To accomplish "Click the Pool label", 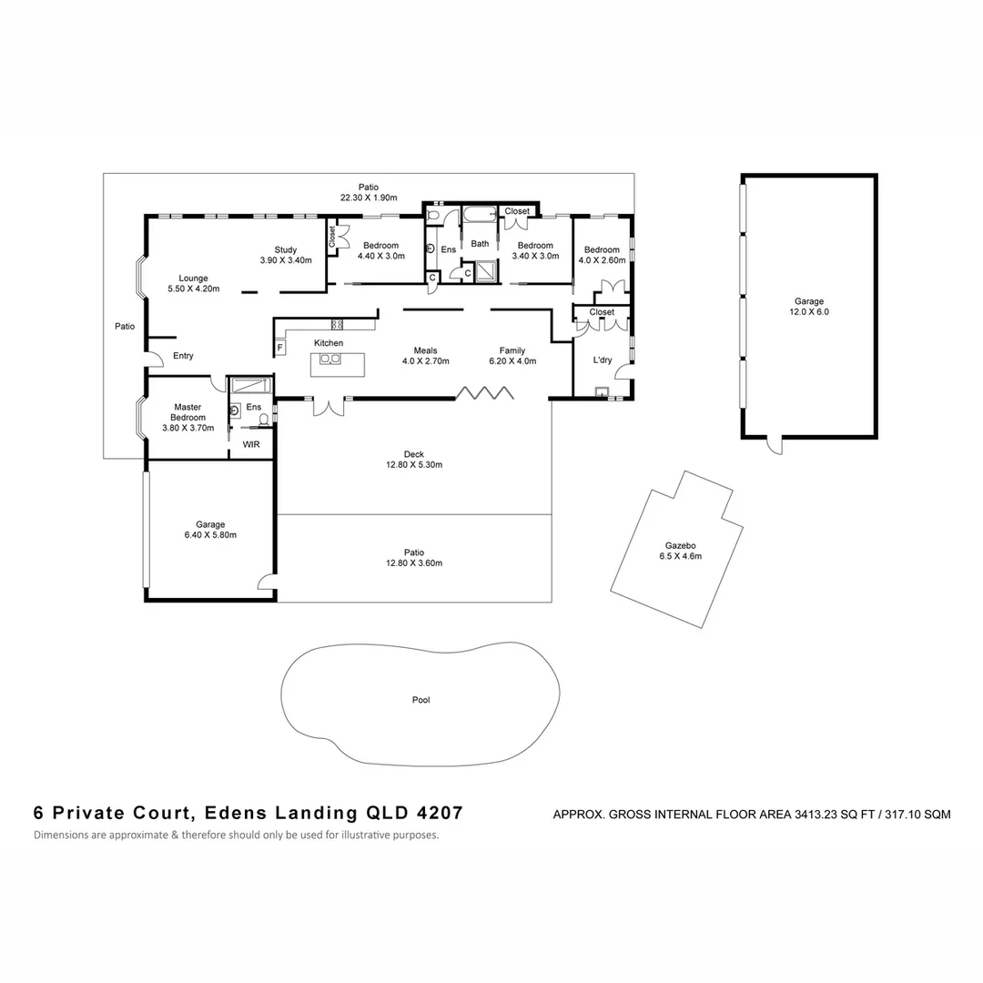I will click(420, 700).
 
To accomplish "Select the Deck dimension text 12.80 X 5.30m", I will click(414, 465).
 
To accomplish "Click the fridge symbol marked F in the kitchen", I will click(279, 348).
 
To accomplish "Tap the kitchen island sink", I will click(329, 359).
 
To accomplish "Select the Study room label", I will click(285, 249).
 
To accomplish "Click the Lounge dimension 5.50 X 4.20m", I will click(193, 289).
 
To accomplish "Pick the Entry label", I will click(183, 356).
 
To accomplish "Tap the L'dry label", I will click(603, 360).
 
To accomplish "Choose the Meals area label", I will click(425, 350).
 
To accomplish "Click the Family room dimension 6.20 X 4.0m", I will click(512, 361).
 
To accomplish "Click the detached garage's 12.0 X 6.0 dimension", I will click(808, 311).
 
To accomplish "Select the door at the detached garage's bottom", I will click(774, 446).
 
